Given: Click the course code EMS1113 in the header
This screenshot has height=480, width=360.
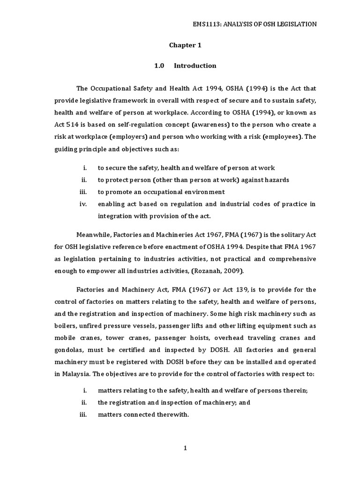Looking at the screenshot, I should (x=207, y=24).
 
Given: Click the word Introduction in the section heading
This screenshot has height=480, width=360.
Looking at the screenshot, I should (x=195, y=66).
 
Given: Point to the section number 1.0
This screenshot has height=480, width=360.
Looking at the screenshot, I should (x=159, y=66).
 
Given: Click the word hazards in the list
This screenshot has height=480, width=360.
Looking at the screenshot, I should (x=276, y=180).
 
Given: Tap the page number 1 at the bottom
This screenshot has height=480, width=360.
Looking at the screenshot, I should (x=185, y=449).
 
